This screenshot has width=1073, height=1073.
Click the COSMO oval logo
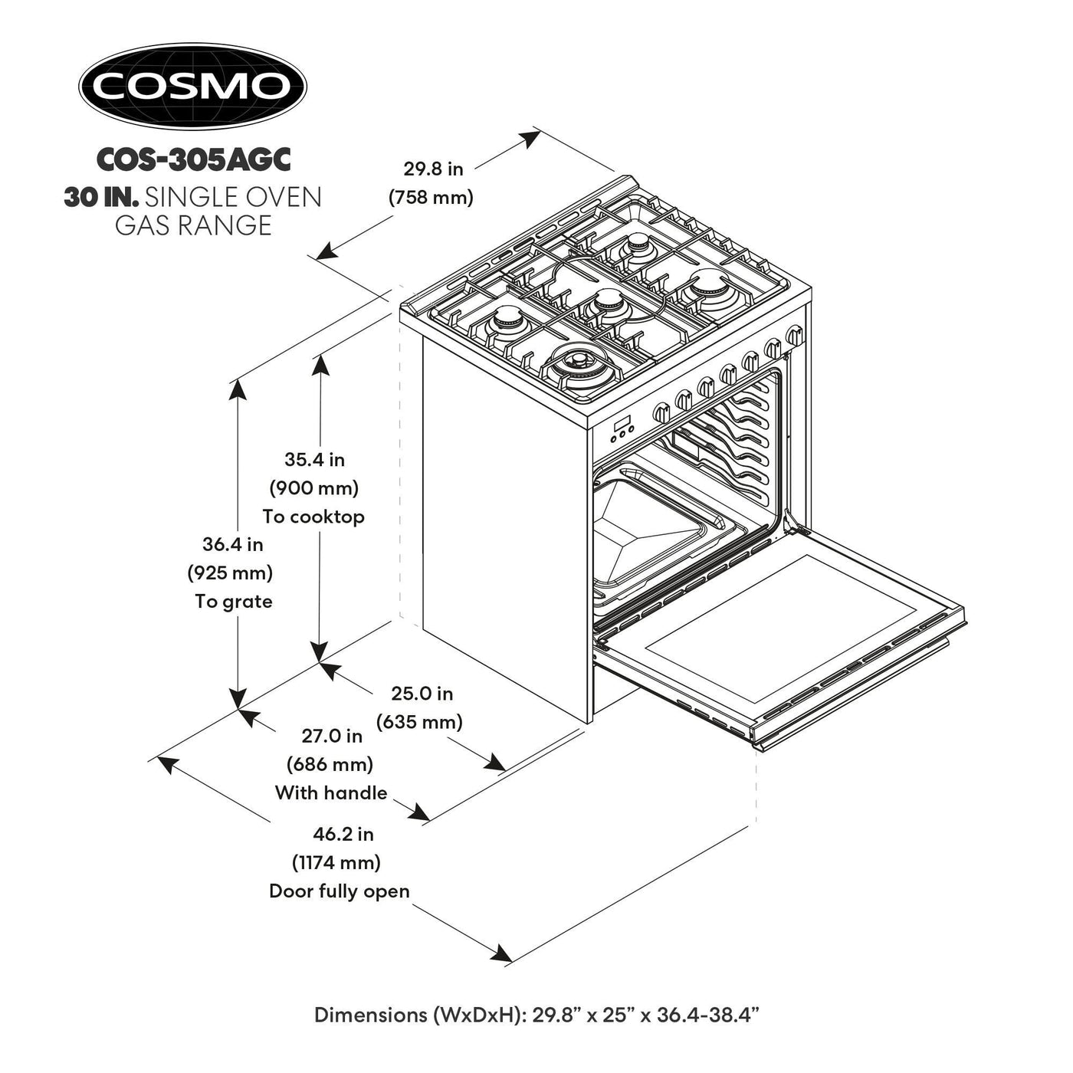coord(192,86)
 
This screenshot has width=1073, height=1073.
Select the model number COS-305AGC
coord(193,159)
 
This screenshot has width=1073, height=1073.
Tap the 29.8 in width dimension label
coord(434,169)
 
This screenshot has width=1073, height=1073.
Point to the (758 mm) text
coord(431,197)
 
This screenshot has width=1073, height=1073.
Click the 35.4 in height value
coord(314,460)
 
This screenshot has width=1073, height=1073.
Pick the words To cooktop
coord(313,517)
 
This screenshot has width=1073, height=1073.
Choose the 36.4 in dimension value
coord(232,544)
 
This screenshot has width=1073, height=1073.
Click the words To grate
coord(234,602)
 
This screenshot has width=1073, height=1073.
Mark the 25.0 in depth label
coord(422,694)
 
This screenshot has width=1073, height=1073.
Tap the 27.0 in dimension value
coord(331,736)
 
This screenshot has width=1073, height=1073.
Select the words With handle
coord(331,792)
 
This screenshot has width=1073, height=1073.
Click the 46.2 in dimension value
coord(343,834)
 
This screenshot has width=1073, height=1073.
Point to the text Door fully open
coord(340,891)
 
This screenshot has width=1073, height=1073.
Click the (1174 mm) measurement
coord(336,862)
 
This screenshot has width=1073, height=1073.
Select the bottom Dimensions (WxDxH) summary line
coord(536,1015)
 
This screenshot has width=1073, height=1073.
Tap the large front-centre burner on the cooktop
coord(576,360)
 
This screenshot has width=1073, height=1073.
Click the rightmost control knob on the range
coord(794,335)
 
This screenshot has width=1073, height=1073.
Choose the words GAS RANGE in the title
coord(193,225)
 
